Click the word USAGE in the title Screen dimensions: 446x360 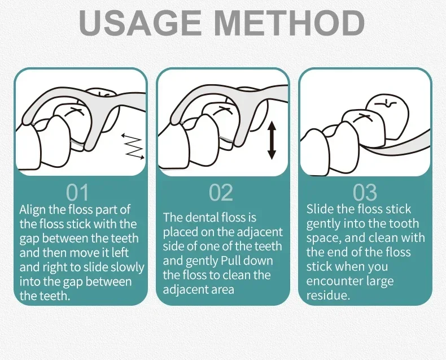pyautogui.click(x=140, y=23)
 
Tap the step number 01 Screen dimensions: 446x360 pyautogui.click(x=78, y=193)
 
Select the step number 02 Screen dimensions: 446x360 pyautogui.click(x=221, y=193)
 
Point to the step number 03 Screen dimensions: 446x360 pyautogui.click(x=365, y=193)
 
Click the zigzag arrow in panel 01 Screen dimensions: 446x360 pyautogui.click(x=133, y=146)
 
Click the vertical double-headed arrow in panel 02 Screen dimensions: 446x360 pyautogui.click(x=272, y=140)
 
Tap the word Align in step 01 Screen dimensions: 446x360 pyautogui.click(x=32, y=210)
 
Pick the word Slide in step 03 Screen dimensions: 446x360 pyautogui.click(x=320, y=209)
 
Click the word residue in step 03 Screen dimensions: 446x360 pyautogui.click(x=327, y=296)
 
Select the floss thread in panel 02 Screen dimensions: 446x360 pyautogui.click(x=226, y=139)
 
